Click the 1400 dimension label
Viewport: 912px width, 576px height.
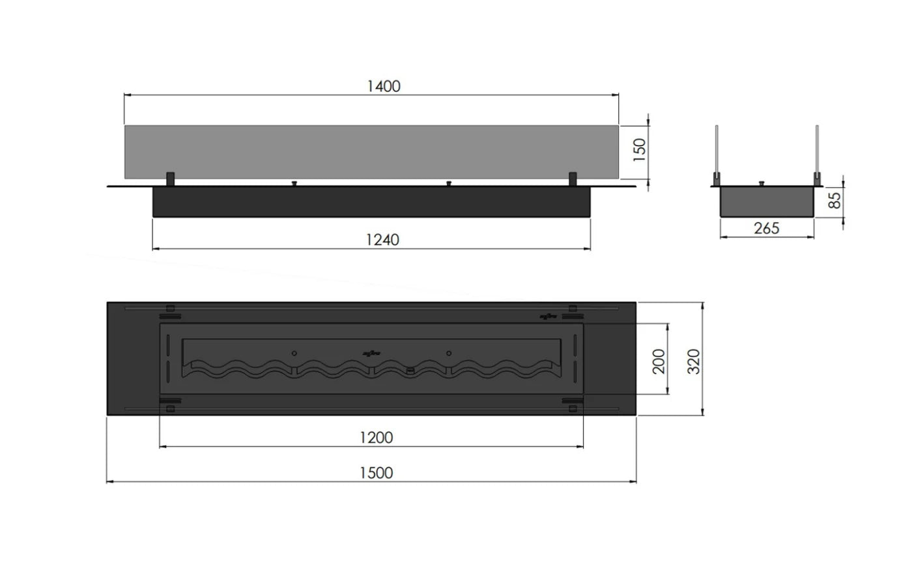(383, 86)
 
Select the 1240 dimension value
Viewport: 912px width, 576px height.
(382, 239)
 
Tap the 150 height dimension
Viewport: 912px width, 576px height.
(639, 151)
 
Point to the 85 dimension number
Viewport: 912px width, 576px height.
(833, 199)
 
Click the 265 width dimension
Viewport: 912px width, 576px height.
(766, 228)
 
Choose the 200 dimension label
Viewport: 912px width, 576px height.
(659, 361)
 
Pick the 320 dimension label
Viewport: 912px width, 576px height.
(694, 361)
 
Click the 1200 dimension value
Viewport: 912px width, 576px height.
(377, 437)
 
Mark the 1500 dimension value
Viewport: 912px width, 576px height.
(377, 472)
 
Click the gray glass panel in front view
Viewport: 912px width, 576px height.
(371, 151)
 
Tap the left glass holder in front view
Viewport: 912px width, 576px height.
(171, 179)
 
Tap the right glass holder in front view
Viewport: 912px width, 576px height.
(573, 179)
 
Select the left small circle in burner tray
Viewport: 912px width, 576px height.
(294, 353)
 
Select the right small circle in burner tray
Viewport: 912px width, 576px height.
(449, 353)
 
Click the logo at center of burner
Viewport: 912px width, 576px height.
(371, 354)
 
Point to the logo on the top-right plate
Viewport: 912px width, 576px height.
(549, 317)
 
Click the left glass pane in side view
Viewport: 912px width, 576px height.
(717, 150)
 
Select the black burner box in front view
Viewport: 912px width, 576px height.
(371, 202)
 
